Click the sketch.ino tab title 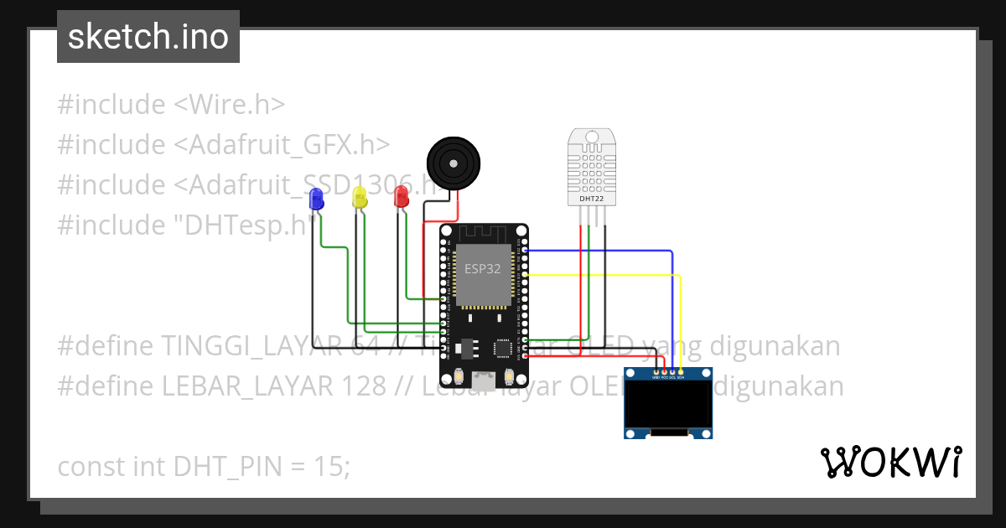pos(148,37)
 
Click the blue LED pos(316,199)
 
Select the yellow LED pos(360,198)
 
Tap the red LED pos(401,197)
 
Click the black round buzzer pos(454,163)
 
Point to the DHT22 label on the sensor pos(591,199)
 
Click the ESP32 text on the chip pos(483,269)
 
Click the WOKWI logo pos(890,462)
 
